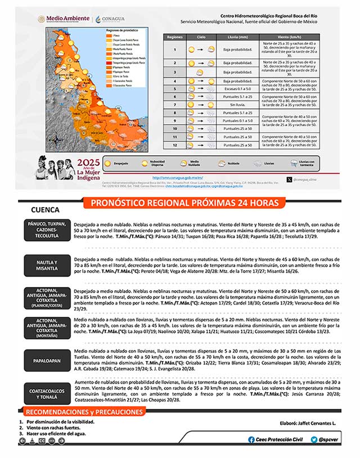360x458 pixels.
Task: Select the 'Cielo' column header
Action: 201,37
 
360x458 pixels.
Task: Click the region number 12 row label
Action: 175,145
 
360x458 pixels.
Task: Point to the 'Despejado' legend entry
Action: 128,163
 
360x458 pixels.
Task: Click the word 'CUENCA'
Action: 46,209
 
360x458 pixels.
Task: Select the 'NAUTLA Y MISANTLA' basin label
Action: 47,266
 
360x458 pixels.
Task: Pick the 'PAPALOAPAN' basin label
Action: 47,360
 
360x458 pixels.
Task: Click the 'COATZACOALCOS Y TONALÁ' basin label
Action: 47,393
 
